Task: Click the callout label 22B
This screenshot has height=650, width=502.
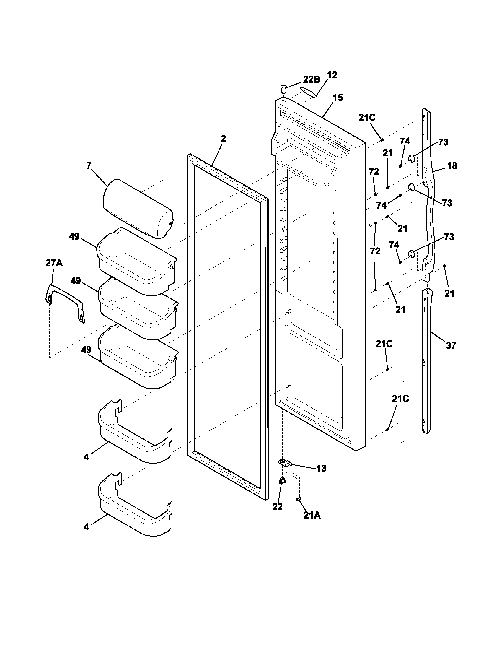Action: tap(311, 79)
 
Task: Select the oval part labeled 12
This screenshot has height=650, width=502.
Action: tap(309, 92)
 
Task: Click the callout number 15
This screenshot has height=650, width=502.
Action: tap(338, 97)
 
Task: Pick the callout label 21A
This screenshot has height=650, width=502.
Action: tap(312, 516)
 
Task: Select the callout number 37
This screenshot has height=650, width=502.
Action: tap(451, 346)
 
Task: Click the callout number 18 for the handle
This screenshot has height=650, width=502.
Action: tap(452, 166)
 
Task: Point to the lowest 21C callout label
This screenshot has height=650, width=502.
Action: tap(400, 399)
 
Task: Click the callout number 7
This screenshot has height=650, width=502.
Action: tap(89, 165)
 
